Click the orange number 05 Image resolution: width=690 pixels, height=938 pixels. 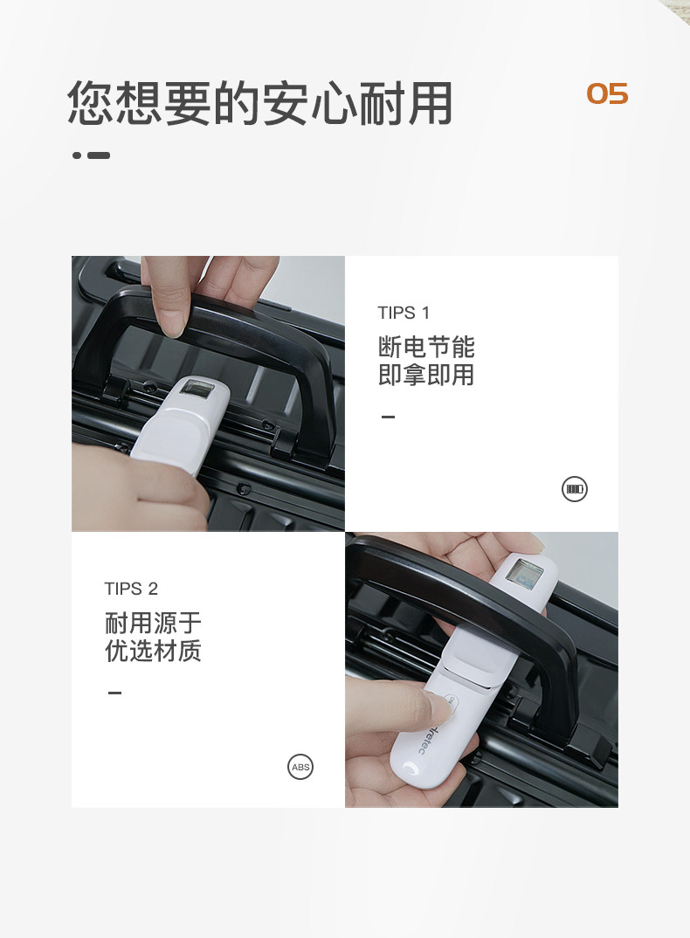click(607, 94)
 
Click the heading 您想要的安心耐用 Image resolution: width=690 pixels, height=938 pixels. click(259, 103)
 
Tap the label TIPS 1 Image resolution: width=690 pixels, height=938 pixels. click(404, 313)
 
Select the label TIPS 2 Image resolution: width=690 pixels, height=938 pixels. click(131, 589)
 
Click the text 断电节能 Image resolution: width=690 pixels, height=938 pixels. click(426, 347)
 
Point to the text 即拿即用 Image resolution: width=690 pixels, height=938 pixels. click(426, 375)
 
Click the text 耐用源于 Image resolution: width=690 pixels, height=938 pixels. click(153, 623)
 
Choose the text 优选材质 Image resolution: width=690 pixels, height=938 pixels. click(153, 651)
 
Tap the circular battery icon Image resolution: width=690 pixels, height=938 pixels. click(575, 489)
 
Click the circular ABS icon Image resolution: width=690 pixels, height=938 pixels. click(300, 767)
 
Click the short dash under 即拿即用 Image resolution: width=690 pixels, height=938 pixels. click(389, 417)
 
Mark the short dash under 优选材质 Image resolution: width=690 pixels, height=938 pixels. click(115, 693)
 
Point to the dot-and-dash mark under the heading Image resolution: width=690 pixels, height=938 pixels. click(91, 155)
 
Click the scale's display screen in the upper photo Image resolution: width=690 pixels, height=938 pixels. click(198, 389)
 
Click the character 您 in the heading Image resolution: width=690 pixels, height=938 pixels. click(91, 103)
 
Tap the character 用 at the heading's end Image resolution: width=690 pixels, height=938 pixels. click(429, 103)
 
